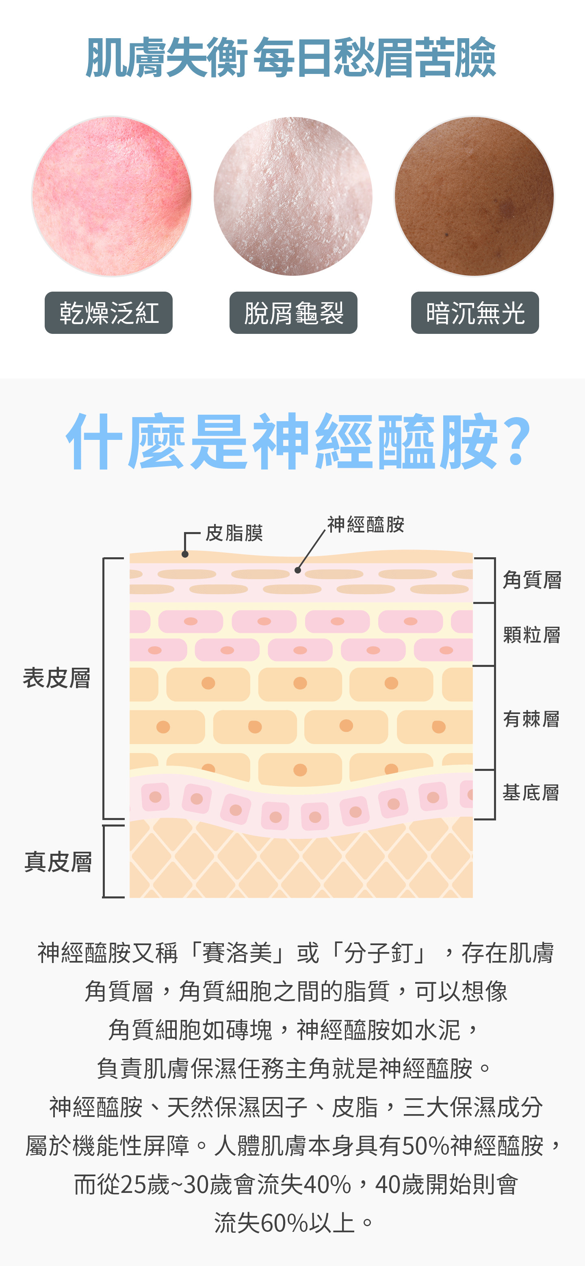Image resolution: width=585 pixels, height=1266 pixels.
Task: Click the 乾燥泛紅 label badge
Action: [108, 313]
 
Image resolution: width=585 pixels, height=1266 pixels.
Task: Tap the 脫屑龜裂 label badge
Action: [293, 313]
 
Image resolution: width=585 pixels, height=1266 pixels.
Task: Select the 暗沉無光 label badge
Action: [475, 313]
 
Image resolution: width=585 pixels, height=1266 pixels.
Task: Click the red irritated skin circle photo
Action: [112, 197]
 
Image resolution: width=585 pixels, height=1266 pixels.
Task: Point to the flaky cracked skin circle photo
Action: [293, 197]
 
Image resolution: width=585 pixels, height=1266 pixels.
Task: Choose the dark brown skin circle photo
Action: [474, 197]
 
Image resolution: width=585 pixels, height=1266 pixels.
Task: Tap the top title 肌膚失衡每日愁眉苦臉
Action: [291, 58]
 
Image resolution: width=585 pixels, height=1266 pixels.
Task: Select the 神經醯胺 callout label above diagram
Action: [366, 525]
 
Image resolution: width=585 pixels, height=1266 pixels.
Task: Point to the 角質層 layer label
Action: [532, 580]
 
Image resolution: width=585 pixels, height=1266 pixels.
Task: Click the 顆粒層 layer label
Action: [532, 635]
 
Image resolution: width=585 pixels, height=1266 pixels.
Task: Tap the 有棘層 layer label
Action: [531, 719]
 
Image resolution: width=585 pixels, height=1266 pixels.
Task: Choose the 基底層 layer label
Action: [531, 793]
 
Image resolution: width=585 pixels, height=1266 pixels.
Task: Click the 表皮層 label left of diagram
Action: [56, 678]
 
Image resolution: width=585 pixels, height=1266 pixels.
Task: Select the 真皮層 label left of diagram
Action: [58, 862]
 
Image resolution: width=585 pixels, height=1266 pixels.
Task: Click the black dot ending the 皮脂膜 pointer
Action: [185, 554]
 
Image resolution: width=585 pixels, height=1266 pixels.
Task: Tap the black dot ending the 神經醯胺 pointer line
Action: [297, 570]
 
